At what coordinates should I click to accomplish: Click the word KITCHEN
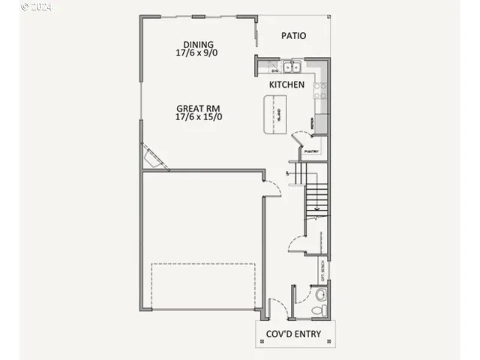click(286, 85)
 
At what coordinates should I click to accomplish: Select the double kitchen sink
click(291, 65)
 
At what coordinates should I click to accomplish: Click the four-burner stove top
click(320, 91)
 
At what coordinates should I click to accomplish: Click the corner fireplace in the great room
click(154, 157)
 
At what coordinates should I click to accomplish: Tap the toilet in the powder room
click(321, 307)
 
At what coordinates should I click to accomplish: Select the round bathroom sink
click(321, 292)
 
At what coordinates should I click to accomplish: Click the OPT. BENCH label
click(322, 268)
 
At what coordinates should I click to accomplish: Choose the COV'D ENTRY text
click(293, 334)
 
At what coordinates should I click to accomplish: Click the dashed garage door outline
click(202, 285)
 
